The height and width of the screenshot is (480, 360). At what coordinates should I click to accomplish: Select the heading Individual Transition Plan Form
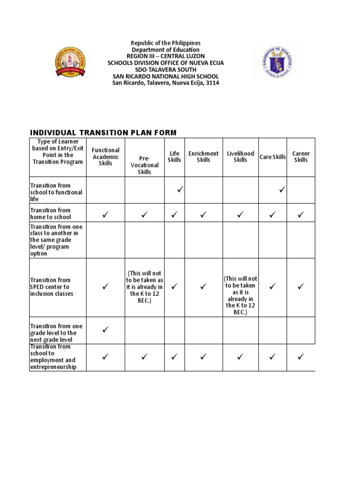[x=103, y=133]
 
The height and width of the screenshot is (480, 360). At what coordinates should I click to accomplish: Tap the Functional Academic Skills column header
[x=105, y=157]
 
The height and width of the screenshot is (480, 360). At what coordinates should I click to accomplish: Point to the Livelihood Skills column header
[x=240, y=157]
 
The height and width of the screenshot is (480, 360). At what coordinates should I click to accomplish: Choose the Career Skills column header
[x=301, y=157]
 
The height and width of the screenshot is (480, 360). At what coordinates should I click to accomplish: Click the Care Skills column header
[x=273, y=157]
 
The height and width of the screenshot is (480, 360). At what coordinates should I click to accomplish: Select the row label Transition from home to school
[x=51, y=214]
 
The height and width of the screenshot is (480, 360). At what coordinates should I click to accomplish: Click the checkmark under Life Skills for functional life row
[x=180, y=190]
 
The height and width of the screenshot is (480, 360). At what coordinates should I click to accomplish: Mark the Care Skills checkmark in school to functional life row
[x=282, y=190]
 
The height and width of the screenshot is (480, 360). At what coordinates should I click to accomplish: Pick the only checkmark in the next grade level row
[x=105, y=330]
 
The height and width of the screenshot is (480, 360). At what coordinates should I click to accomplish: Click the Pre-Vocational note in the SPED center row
[x=144, y=287]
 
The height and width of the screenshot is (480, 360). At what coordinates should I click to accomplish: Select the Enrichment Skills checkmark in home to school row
[x=203, y=215]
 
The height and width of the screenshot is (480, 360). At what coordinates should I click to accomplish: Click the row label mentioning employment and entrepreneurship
[x=52, y=357]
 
